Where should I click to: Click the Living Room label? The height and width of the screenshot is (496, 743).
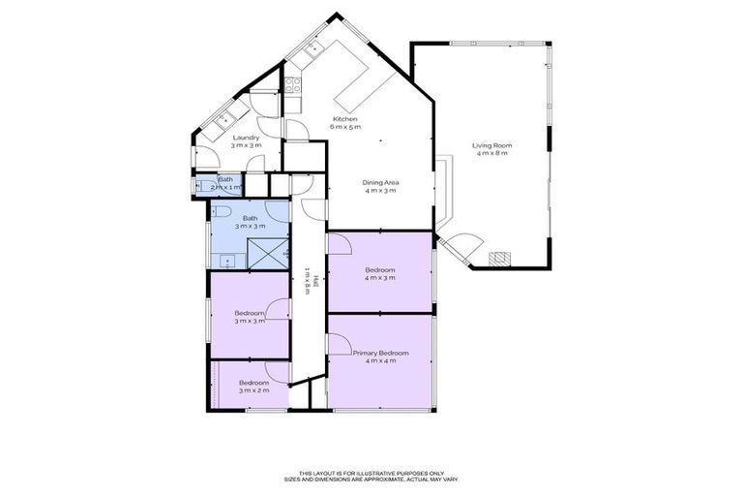click(x=491, y=145)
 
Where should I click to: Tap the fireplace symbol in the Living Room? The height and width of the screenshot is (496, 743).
click(x=499, y=259)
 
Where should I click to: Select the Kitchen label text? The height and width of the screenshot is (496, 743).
click(x=345, y=119)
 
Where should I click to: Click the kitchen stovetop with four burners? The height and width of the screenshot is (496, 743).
click(x=292, y=84)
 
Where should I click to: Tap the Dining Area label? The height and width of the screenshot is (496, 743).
click(x=380, y=182)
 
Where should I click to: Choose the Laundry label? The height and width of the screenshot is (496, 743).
click(x=245, y=138)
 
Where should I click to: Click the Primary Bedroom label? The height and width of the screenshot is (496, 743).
click(x=380, y=354)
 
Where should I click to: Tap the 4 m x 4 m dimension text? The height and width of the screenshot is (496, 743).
click(x=380, y=362)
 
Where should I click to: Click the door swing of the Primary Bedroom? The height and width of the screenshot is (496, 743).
click(x=339, y=344)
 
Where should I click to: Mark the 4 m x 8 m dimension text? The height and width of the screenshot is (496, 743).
click(x=491, y=154)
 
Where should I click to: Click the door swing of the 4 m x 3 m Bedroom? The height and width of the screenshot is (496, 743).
click(x=339, y=243)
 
